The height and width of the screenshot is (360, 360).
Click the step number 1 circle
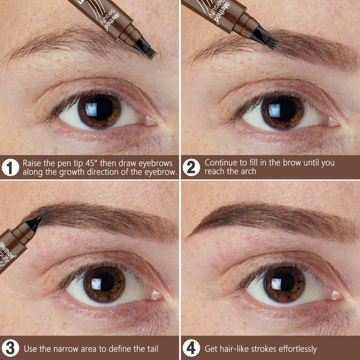click(x=10, y=167)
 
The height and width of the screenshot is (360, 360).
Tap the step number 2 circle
click(x=191, y=167)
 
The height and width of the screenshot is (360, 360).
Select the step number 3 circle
click(x=10, y=348)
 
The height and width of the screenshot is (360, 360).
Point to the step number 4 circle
click(x=191, y=348)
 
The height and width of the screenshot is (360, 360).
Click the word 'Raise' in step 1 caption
click(x=32, y=162)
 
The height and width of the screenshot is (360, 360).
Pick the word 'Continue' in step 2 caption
click(x=220, y=162)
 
